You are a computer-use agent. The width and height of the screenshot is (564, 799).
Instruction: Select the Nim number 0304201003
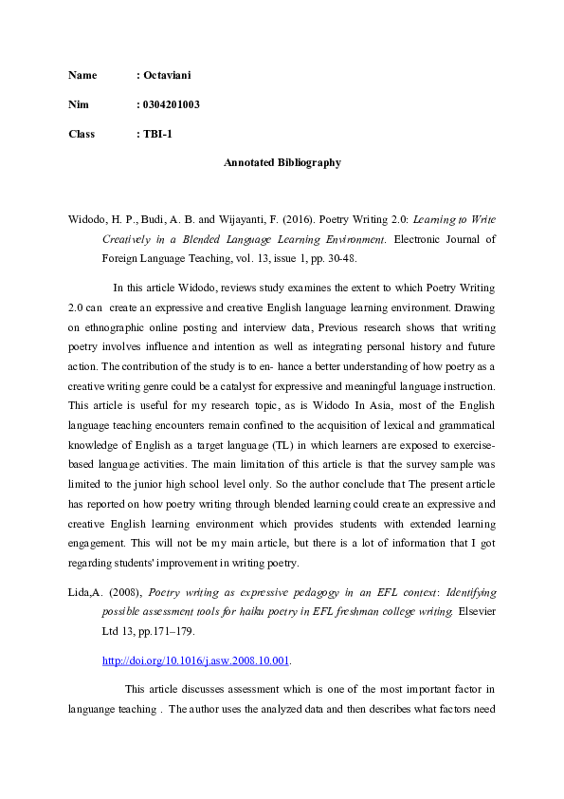click(168, 104)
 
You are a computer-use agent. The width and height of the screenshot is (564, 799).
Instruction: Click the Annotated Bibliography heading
click(282, 163)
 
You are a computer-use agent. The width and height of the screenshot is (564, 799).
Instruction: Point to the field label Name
click(82, 74)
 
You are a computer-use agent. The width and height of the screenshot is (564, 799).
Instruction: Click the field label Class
click(82, 134)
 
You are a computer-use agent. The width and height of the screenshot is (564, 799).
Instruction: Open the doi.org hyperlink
click(195, 660)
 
